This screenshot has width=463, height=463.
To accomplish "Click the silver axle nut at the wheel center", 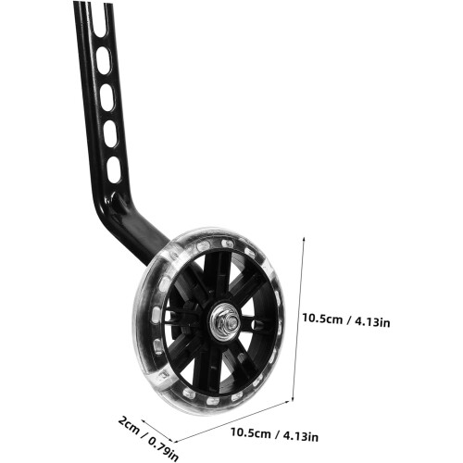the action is click(225, 322).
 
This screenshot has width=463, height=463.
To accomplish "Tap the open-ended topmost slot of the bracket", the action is click(99, 19).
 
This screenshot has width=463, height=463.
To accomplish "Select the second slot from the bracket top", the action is click(103, 61).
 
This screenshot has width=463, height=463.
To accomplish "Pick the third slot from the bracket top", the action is click(106, 97).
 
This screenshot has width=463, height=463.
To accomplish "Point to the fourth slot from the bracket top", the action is click(110, 134).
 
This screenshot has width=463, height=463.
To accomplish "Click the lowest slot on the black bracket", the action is click(114, 169).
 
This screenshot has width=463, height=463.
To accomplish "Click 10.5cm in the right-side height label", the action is click(322, 319).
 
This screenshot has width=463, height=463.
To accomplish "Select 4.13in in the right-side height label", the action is click(372, 322).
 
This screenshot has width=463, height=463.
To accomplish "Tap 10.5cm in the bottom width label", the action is click(251, 432).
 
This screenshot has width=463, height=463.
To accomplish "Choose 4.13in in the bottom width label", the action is click(301, 436).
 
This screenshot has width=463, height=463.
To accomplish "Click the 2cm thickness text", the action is click(129, 425).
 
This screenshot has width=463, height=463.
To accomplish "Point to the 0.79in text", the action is click(164, 448).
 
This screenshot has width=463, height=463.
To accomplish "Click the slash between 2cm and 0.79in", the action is click(144, 434).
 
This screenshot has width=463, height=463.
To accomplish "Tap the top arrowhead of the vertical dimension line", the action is click(304, 239).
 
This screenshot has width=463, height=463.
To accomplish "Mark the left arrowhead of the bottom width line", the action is click(176, 442).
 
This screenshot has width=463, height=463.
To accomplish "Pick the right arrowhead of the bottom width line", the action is click(288, 402).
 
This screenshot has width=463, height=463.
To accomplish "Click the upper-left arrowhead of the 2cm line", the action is click(143, 421).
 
